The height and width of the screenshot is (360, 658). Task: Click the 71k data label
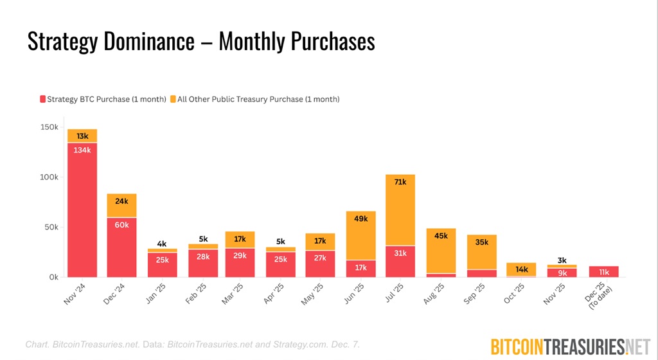coord(400,182)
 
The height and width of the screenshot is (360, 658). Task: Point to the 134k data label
coord(82,150)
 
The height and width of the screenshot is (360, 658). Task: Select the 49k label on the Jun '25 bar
coord(360,219)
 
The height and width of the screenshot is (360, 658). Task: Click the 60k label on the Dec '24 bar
coord(121,225)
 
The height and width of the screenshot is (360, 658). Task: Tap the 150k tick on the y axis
coord(48,127)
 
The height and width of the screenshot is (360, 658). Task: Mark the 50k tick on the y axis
coord(50,228)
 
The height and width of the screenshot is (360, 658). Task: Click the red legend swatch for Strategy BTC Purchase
coord(43,99)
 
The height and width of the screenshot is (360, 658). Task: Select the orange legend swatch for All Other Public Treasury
coord(173,99)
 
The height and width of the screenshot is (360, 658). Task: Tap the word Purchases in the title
coord(329,41)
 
